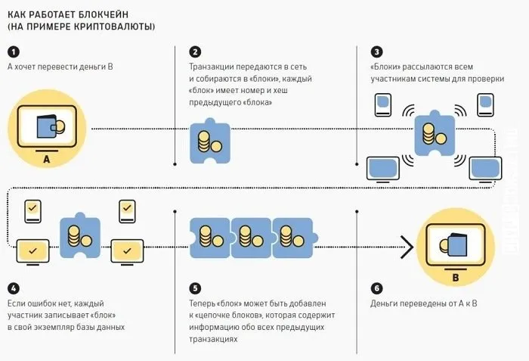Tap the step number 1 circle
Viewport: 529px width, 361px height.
(x=13, y=51)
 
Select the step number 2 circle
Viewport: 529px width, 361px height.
(x=196, y=51)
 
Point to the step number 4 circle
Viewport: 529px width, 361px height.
(x=13, y=288)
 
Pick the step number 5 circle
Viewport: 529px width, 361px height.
(x=196, y=288)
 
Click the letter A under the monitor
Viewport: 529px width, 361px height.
(x=47, y=160)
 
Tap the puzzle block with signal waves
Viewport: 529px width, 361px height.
(x=434, y=137)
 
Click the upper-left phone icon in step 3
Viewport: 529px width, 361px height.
(x=382, y=104)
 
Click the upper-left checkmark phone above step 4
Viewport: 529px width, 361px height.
(x=32, y=210)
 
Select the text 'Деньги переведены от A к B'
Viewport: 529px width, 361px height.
(x=423, y=304)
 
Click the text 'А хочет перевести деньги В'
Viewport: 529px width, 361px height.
(x=60, y=68)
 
